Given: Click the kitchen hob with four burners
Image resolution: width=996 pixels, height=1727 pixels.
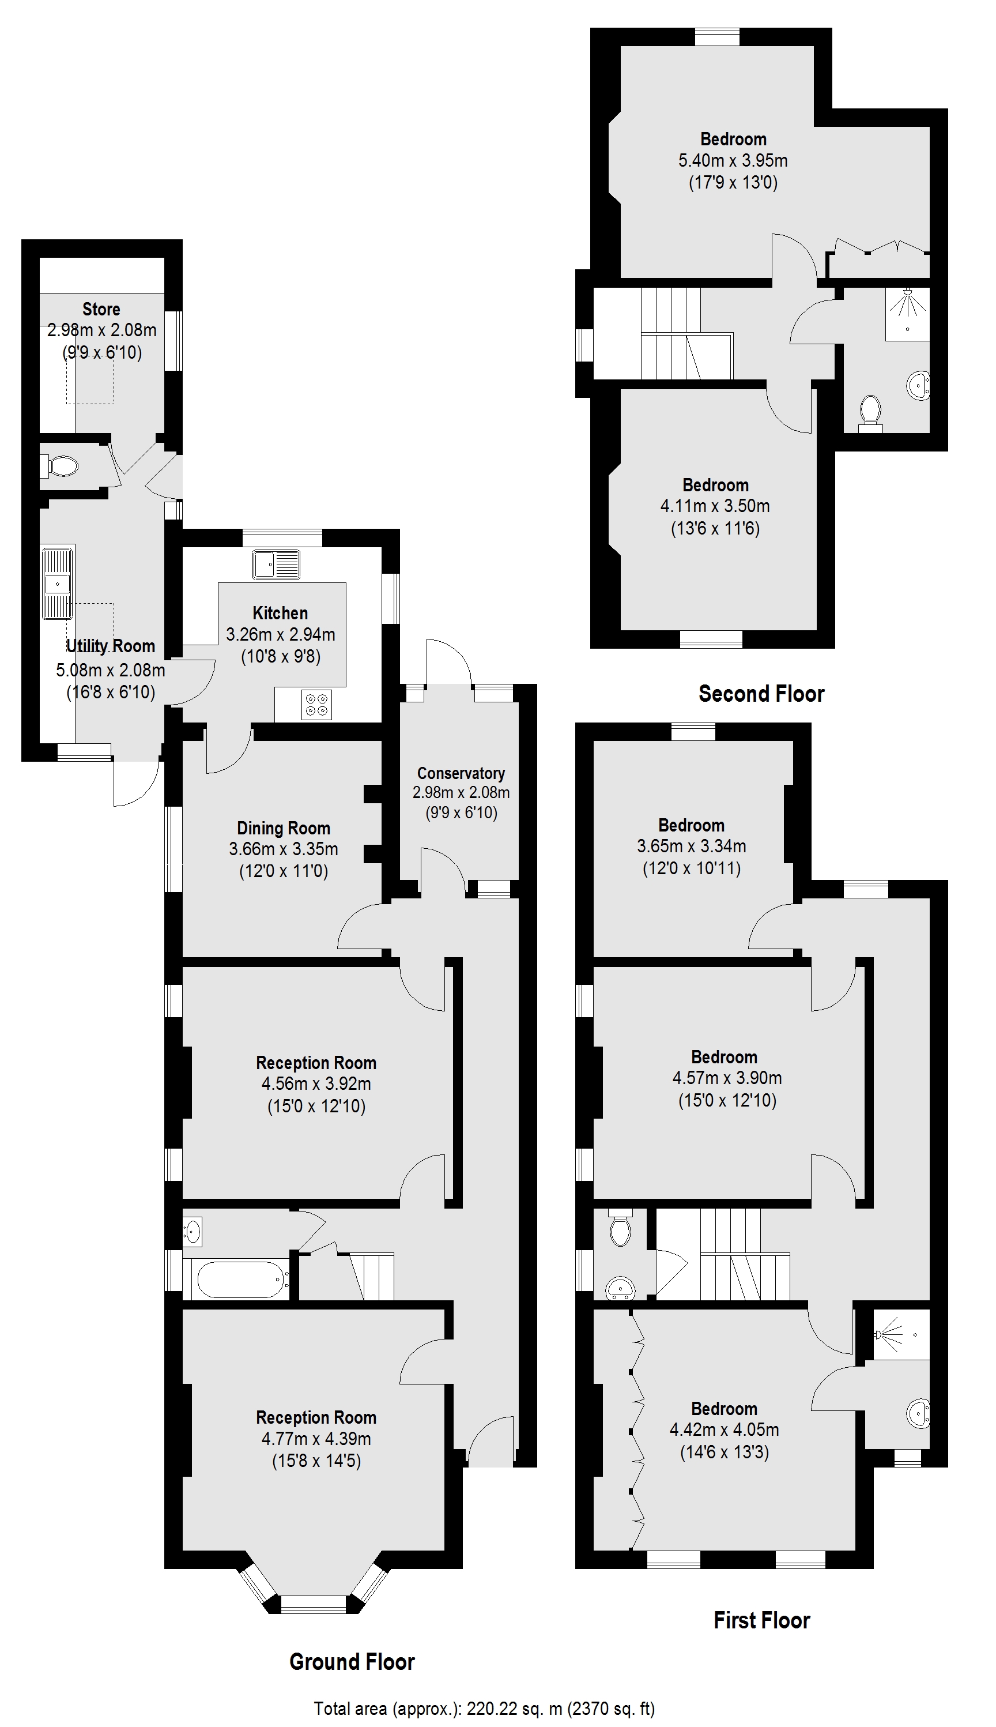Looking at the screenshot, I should coord(316,705).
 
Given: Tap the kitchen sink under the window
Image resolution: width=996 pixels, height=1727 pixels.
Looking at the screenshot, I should coord(276,565).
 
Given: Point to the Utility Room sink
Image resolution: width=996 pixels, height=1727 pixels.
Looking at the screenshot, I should coord(58,583).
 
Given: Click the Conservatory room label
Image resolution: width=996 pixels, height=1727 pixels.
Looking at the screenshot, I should coord(461,773).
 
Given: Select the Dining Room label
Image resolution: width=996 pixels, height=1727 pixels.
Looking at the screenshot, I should coord(283,828).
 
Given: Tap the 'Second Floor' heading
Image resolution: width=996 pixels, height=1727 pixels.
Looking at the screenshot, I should coord(761,694).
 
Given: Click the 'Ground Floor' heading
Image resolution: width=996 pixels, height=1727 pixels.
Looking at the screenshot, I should coord(352,1661).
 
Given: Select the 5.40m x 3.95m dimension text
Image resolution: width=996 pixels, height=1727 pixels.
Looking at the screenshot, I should coord(733,161).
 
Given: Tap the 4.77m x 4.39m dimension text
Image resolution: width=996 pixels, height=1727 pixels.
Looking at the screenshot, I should coord(316,1438).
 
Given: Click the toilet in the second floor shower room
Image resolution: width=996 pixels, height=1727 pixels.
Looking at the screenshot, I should coord(871,411).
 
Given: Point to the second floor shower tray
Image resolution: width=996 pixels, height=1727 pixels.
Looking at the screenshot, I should coord(908,313).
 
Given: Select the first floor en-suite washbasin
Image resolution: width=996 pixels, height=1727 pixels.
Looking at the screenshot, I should coord(918,1412).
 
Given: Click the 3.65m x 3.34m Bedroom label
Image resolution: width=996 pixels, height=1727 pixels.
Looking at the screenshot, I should coord(691,825).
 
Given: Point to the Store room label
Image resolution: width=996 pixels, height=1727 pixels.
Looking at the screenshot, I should coord(101,308).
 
